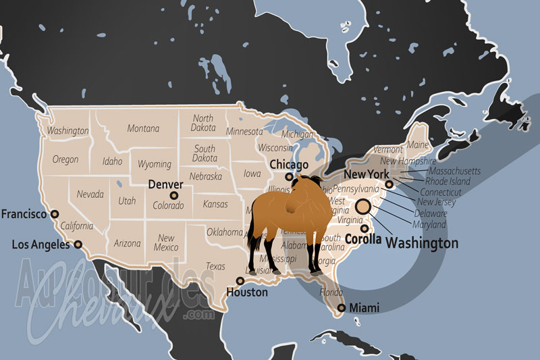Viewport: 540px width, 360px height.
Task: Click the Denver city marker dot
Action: click(x=174, y=195)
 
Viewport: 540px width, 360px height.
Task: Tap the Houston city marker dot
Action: click(x=240, y=280)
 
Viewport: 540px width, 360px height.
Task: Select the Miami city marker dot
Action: click(x=342, y=308)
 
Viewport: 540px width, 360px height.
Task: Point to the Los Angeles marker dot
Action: click(x=78, y=245)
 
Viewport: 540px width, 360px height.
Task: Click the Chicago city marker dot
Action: click(x=289, y=177)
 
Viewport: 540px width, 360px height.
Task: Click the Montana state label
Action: click(x=143, y=128)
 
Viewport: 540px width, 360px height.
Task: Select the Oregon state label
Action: click(x=65, y=160)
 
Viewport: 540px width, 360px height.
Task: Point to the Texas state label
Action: click(x=215, y=266)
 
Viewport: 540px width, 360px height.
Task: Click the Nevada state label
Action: click(x=90, y=195)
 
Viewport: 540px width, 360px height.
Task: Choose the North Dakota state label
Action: click(x=202, y=122)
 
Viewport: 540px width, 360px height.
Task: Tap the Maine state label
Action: click(x=418, y=145)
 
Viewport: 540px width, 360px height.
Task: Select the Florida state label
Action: click(x=331, y=293)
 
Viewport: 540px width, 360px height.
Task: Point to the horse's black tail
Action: click(x=254, y=250)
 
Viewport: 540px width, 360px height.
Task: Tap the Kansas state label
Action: click(x=215, y=204)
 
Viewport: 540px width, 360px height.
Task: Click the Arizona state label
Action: click(x=127, y=243)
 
